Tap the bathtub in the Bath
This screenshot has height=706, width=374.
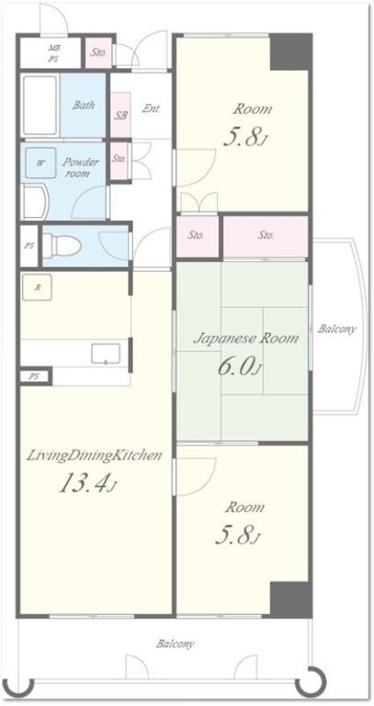pyautogui.click(x=40, y=106)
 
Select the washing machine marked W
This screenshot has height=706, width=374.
pyautogui.click(x=40, y=163)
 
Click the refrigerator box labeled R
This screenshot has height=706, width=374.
pyautogui.click(x=37, y=287)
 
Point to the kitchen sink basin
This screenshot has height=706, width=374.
pyautogui.click(x=106, y=353)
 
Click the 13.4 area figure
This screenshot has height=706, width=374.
pyautogui.click(x=88, y=484)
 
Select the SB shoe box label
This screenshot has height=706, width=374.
pyautogui.click(x=120, y=115)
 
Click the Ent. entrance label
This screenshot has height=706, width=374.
pyautogui.click(x=152, y=108)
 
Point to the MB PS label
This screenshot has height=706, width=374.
pyautogui.click(x=53, y=52)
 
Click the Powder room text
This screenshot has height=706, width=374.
pyautogui.click(x=80, y=167)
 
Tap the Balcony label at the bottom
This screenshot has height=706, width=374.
pyautogui.click(x=176, y=643)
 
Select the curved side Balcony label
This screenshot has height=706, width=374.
pyautogui.click(x=336, y=329)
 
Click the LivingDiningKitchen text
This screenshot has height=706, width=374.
pyautogui.click(x=94, y=456)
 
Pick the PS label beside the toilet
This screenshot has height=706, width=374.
pyautogui.click(x=29, y=246)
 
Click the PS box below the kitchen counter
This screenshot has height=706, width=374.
pyautogui.click(x=35, y=376)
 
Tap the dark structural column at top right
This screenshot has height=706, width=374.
pyautogui.click(x=290, y=51)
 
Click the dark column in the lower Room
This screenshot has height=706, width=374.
pyautogui.click(x=290, y=598)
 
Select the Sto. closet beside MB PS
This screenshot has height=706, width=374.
pyautogui.click(x=98, y=52)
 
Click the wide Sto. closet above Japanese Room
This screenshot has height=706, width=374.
pyautogui.click(x=266, y=236)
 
